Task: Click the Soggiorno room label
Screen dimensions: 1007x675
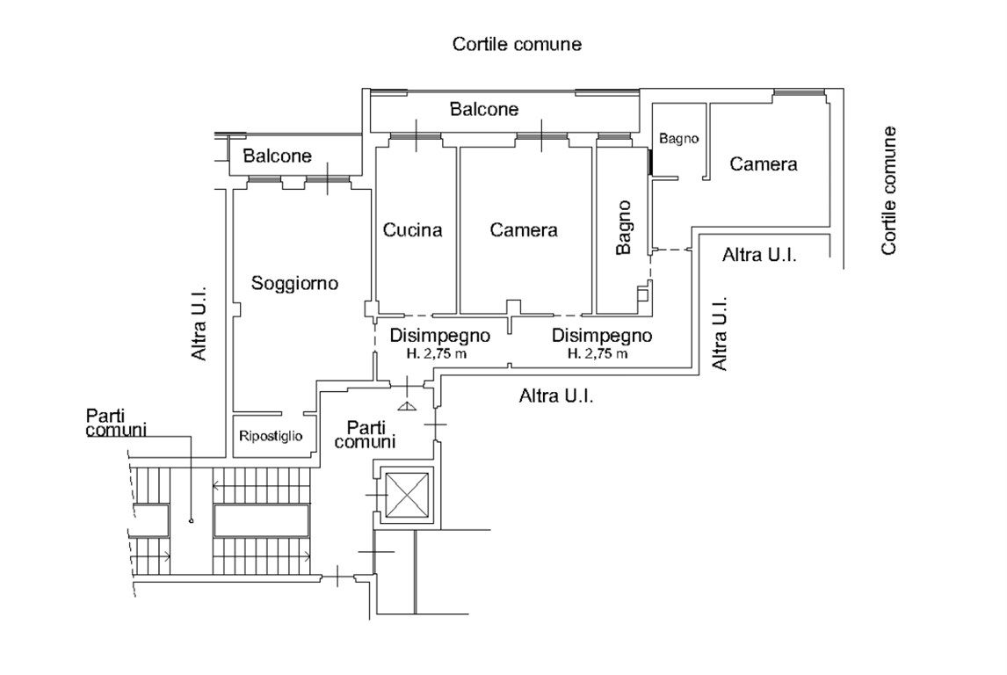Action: pyautogui.click(x=294, y=283)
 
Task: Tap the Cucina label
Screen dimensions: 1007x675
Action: pyautogui.click(x=412, y=230)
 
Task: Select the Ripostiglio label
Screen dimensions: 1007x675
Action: pyautogui.click(x=271, y=436)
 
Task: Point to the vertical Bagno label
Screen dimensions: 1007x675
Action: pyautogui.click(x=624, y=228)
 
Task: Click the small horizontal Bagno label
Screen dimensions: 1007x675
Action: pyautogui.click(x=679, y=139)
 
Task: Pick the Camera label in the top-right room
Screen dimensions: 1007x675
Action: pyautogui.click(x=764, y=164)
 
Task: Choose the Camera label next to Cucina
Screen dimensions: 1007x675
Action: pyautogui.click(x=524, y=230)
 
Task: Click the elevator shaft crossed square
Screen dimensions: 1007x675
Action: pyautogui.click(x=407, y=495)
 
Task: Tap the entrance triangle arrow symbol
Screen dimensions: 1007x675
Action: pyautogui.click(x=406, y=405)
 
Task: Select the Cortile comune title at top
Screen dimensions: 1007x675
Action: pyautogui.click(x=517, y=44)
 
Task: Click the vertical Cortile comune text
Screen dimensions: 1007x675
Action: pyautogui.click(x=888, y=190)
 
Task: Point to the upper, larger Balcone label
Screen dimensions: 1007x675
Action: pyautogui.click(x=484, y=109)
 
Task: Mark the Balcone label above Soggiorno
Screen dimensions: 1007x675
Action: pyautogui.click(x=278, y=156)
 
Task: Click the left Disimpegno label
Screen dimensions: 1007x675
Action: pyautogui.click(x=440, y=335)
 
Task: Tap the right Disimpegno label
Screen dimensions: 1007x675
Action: pyautogui.click(x=602, y=335)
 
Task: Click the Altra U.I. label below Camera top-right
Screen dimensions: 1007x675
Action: pyautogui.click(x=759, y=255)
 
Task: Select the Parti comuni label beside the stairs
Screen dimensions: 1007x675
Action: pyautogui.click(x=116, y=423)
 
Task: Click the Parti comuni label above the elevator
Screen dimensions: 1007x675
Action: pyautogui.click(x=365, y=434)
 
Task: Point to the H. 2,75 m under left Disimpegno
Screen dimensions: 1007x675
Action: pyautogui.click(x=437, y=353)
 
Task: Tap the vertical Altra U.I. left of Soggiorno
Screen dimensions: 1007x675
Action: pyautogui.click(x=199, y=323)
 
